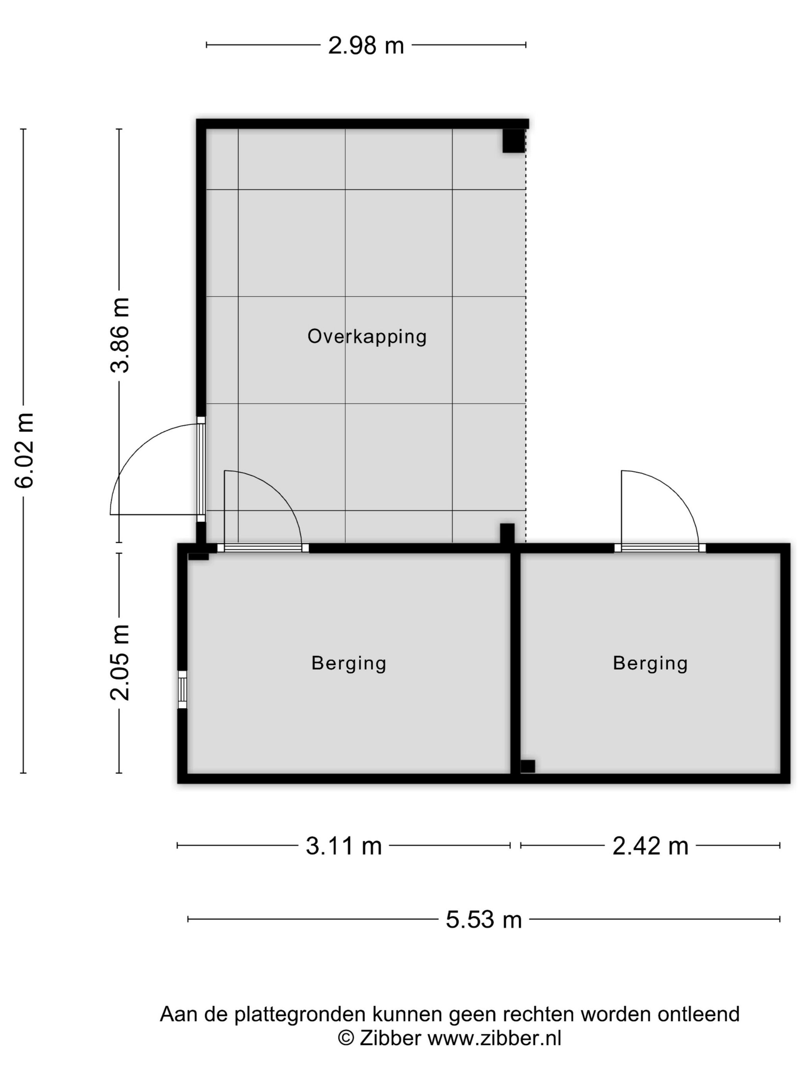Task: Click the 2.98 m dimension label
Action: pos(366,46)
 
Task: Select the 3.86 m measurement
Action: pos(120,335)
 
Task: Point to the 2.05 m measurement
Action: pos(120,662)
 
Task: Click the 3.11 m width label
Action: pos(344,846)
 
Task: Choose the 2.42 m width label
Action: pos(650,846)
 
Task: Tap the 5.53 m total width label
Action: pos(484,920)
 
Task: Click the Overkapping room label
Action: pos(366,337)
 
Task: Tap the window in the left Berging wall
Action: pos(182,690)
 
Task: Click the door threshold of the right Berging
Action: pos(660,548)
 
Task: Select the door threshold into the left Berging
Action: pos(263,548)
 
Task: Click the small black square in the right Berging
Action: pos(528,766)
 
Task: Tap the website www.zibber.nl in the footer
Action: pos(494,1039)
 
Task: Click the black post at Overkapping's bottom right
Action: pos(507,534)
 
